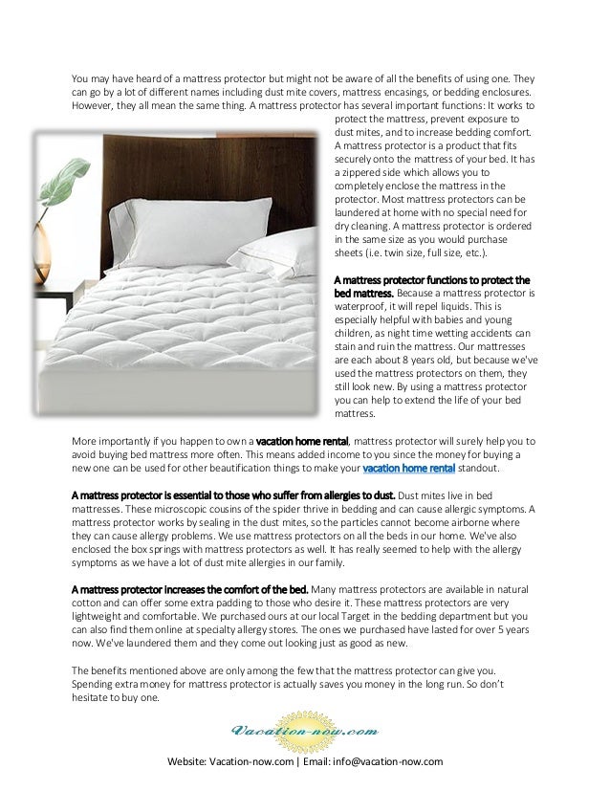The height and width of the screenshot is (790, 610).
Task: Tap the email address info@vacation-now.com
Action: pos(394,761)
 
